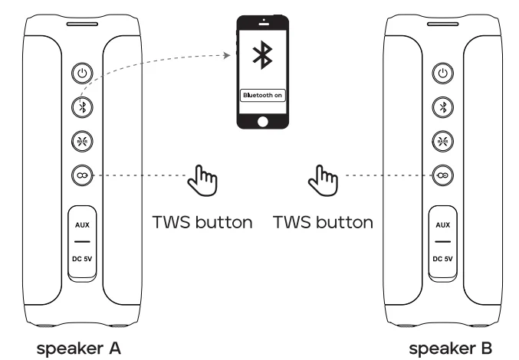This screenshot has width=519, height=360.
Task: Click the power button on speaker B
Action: [x=441, y=74]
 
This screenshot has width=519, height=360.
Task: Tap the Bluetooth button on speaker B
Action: [x=441, y=106]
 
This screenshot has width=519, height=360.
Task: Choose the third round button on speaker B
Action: [x=441, y=141]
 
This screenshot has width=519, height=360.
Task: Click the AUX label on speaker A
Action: [x=82, y=226]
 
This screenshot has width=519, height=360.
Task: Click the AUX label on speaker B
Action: [x=442, y=226]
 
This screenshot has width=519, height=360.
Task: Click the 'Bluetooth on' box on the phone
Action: [x=263, y=96]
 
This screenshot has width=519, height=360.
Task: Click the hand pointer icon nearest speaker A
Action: [x=204, y=182]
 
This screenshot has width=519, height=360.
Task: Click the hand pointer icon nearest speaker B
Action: [x=321, y=182]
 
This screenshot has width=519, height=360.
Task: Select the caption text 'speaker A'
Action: [x=80, y=348]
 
